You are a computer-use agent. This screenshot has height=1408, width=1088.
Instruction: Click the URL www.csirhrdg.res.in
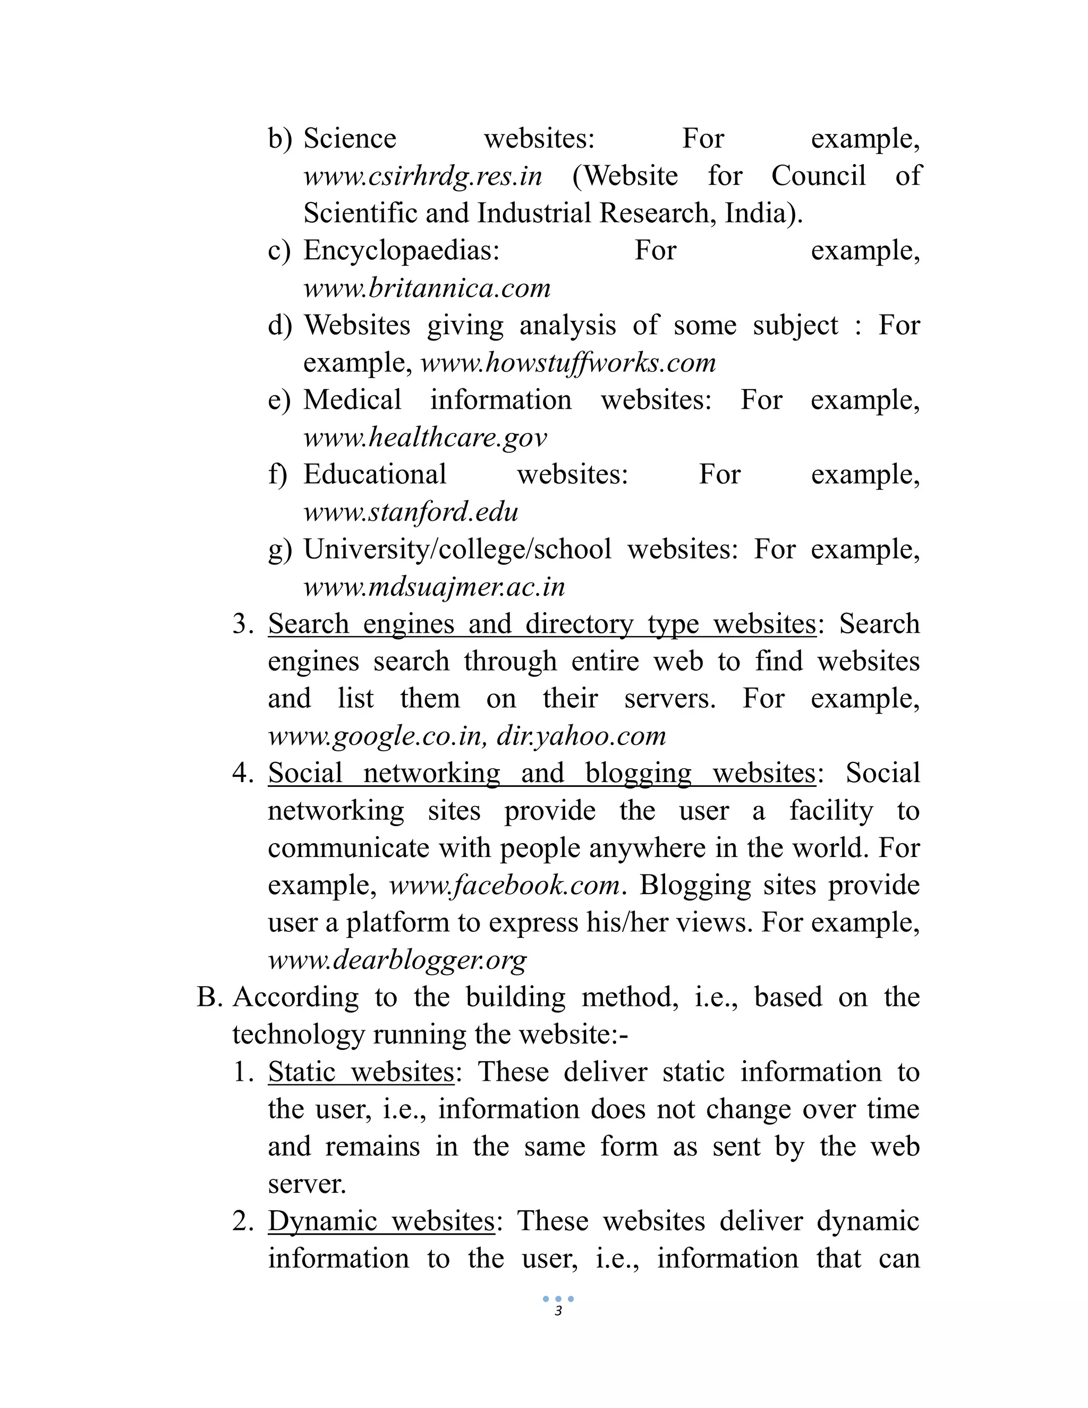[422, 176]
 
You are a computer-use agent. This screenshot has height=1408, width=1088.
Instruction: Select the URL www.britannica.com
[427, 288]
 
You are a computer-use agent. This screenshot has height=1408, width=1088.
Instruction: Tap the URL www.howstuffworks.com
[568, 363]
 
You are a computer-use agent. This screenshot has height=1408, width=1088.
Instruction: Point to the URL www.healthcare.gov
[425, 438]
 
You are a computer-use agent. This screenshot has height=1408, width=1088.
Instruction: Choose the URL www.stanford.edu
[411, 513]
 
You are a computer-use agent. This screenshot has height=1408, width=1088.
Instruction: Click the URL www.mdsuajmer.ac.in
[434, 587]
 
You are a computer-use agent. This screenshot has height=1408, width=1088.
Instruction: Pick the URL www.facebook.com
[505, 886]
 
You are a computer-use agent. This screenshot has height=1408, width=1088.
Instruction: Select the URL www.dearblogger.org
[397, 961]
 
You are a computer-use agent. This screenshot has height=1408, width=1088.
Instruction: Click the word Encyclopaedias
[402, 251]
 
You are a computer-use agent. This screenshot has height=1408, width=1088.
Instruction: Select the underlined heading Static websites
[361, 1072]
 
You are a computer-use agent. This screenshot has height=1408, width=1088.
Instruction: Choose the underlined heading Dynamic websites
[381, 1222]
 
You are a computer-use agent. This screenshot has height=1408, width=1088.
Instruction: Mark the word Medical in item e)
[352, 401]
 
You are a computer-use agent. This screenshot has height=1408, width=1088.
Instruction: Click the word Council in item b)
[818, 176]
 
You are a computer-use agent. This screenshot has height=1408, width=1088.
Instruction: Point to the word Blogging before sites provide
[695, 886]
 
